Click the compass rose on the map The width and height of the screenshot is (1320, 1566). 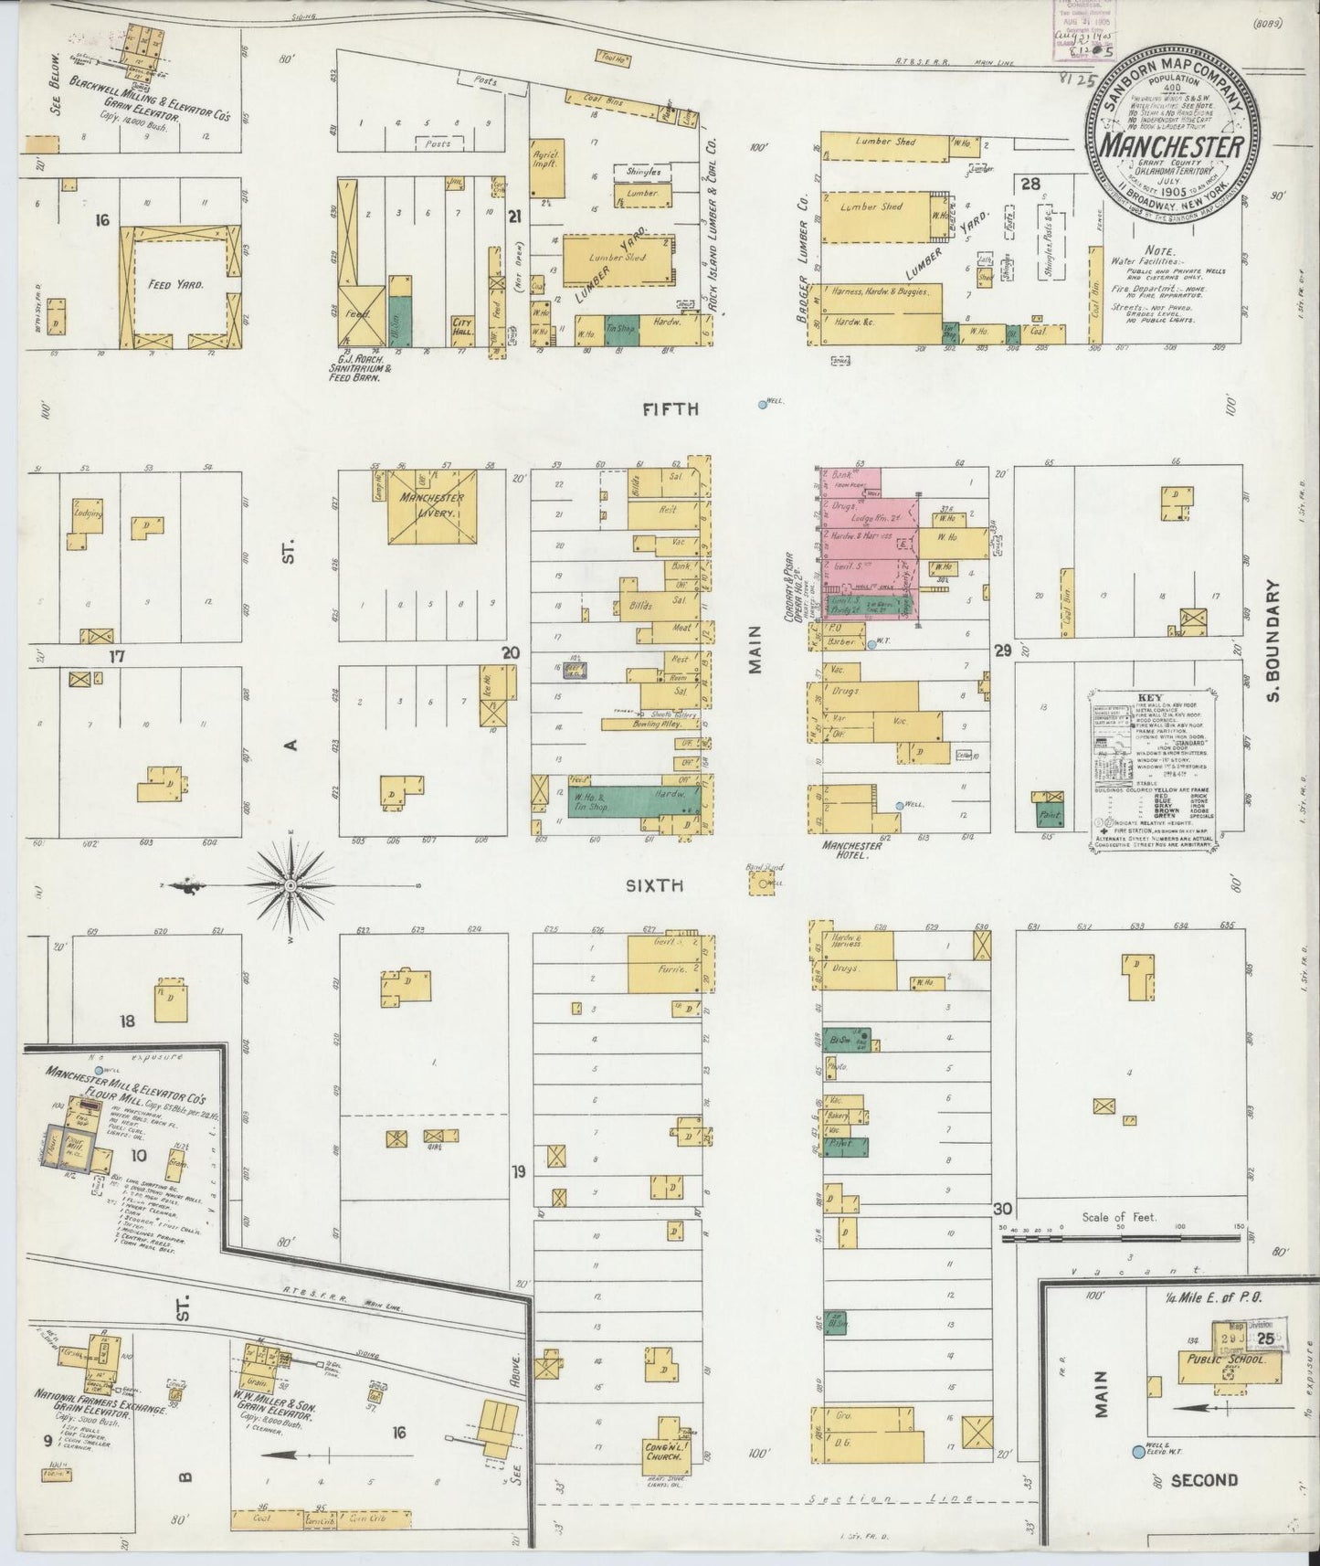pyautogui.click(x=290, y=884)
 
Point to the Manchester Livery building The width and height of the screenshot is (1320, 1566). pyautogui.click(x=434, y=506)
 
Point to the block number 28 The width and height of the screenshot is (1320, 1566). pyautogui.click(x=1030, y=184)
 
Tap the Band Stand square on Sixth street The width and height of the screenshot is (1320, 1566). pyautogui.click(x=761, y=884)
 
